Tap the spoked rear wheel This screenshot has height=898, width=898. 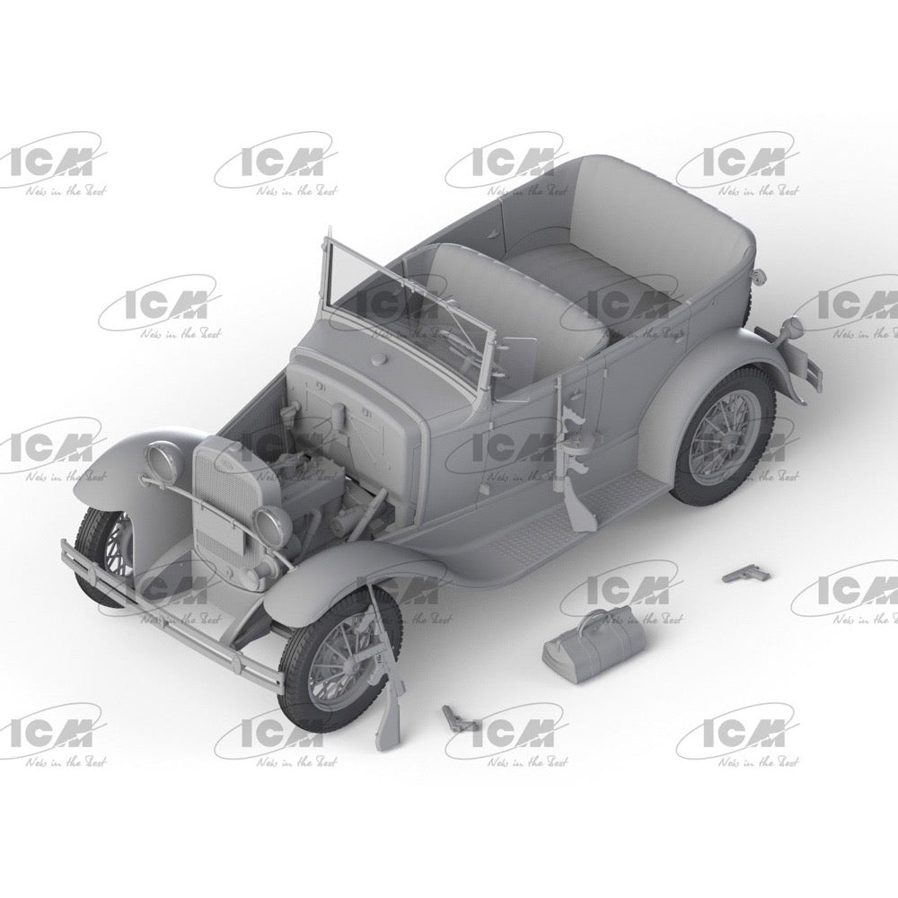point(724,447)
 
